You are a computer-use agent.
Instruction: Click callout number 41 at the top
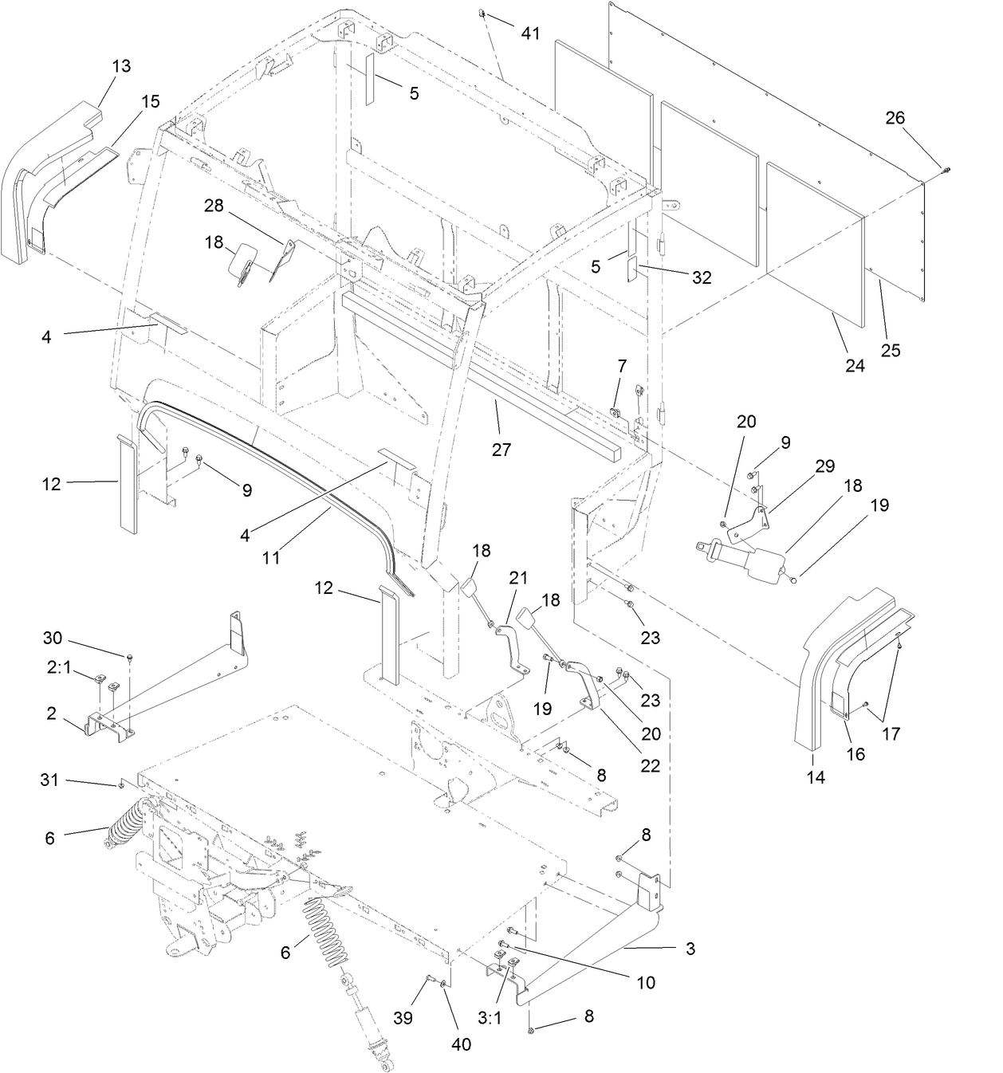(530, 33)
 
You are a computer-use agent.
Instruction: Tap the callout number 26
(895, 117)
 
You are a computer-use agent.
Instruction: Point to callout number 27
(501, 450)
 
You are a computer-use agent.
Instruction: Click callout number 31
(49, 780)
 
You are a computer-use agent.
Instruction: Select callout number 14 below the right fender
(815, 777)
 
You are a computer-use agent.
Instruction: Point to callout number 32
(702, 277)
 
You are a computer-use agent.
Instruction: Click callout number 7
(622, 366)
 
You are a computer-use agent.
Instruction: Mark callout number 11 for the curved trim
(271, 557)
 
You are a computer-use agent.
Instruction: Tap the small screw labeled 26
(945, 168)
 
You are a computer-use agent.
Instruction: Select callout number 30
(52, 639)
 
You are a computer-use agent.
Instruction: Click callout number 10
(645, 983)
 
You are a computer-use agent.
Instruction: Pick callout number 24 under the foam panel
(854, 366)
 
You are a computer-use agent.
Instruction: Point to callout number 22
(651, 765)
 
